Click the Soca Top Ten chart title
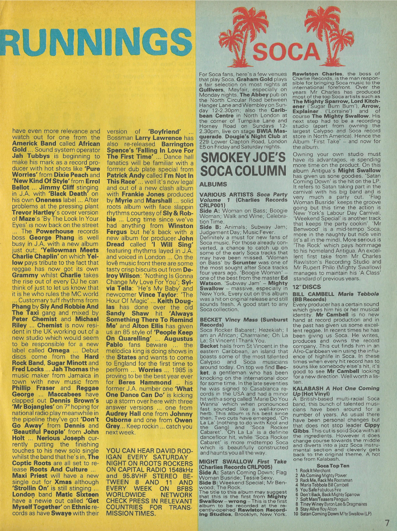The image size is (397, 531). tap(333, 466)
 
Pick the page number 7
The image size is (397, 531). tap(387, 523)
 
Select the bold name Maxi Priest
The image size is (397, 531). tap(32, 475)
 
